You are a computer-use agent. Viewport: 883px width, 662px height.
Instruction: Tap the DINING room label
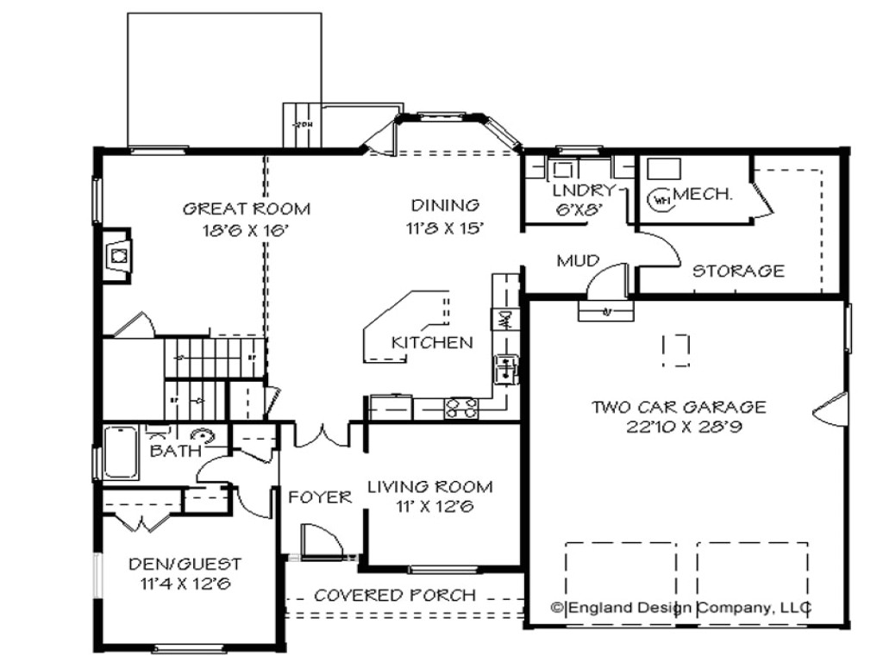coord(445,205)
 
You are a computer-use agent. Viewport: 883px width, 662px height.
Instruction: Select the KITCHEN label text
coord(432,342)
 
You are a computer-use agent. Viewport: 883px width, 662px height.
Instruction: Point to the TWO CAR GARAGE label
coord(679,407)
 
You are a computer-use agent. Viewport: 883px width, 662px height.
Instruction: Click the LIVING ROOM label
coord(430,486)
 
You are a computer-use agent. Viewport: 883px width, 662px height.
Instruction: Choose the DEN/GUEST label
coord(185,564)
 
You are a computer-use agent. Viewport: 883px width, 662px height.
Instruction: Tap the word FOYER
coord(320,496)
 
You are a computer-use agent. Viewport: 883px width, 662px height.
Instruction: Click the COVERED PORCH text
coord(394,595)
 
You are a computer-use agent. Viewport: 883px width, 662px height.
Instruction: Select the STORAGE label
coord(739,271)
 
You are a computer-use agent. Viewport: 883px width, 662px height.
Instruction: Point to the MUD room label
coord(578,260)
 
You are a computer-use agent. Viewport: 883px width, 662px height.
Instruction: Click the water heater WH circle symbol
coord(661,198)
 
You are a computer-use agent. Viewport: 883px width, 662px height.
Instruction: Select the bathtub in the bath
coord(120,453)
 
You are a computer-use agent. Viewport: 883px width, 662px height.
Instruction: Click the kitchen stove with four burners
coord(460,409)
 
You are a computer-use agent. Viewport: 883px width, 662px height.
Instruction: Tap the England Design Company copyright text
coord(681,608)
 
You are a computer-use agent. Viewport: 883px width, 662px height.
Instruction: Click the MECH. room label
coord(703,194)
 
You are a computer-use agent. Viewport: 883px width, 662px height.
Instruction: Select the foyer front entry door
coord(320,543)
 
